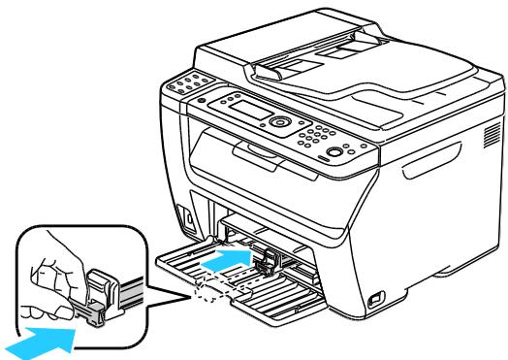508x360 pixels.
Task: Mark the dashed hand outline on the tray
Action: click(224, 289)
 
